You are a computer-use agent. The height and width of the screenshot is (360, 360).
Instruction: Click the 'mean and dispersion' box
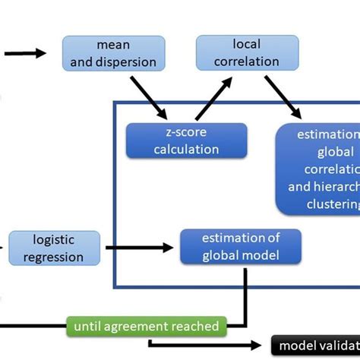pyautogui.click(x=113, y=54)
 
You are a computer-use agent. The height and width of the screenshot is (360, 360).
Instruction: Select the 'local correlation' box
pyautogui.click(x=238, y=53)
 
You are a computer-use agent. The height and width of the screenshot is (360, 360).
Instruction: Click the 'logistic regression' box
pyautogui.click(x=54, y=248)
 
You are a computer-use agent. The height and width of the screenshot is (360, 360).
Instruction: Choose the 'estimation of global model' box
pyautogui.click(x=240, y=246)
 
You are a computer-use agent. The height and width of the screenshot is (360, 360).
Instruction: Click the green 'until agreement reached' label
pyautogui.click(x=146, y=327)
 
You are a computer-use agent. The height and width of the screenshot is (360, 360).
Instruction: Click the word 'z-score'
pyautogui.click(x=186, y=132)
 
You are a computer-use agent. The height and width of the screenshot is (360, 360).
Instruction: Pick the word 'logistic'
pyautogui.click(x=54, y=241)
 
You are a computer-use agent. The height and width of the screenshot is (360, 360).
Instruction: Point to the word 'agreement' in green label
pyautogui.click(x=141, y=327)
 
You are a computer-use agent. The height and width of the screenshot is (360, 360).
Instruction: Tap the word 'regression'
pyautogui.click(x=54, y=256)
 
